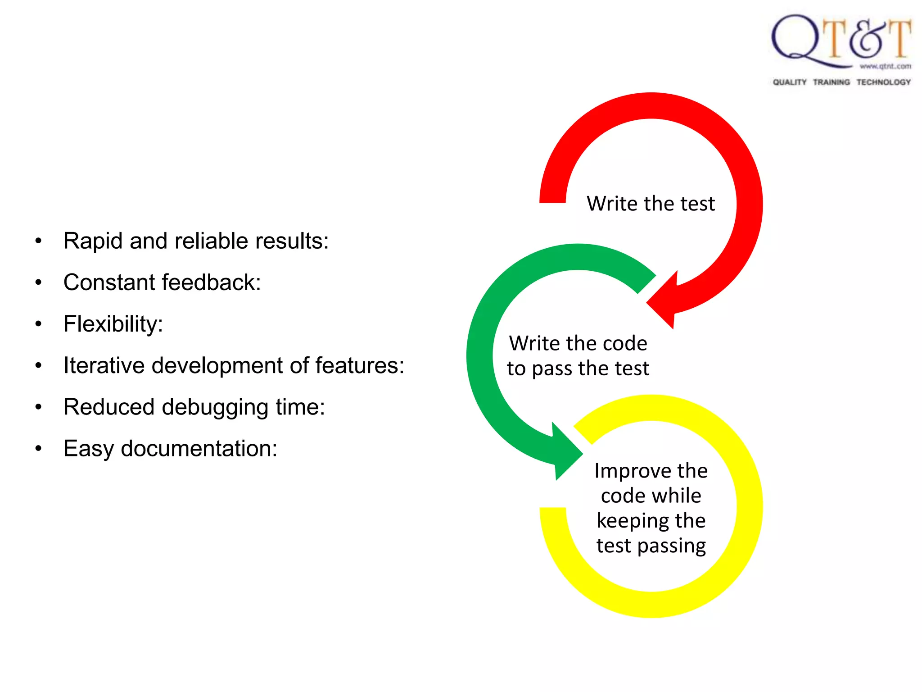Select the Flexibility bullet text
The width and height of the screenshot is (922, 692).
113,324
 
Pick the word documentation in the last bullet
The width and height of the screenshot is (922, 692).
199,449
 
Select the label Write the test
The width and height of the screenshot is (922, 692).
651,204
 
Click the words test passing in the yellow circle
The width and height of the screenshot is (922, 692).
651,546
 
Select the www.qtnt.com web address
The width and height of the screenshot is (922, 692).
885,67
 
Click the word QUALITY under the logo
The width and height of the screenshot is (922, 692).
789,82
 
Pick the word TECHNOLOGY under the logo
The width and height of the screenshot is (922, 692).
883,82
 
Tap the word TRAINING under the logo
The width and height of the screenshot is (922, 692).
831,82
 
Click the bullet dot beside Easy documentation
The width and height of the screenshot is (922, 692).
39,449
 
